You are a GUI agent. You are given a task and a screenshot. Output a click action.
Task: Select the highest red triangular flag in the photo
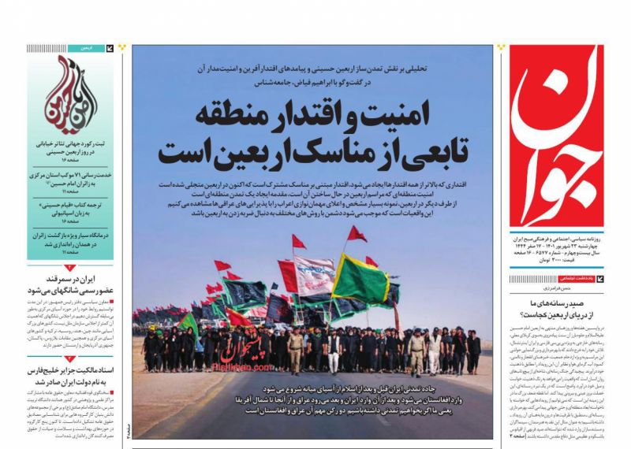[357, 234]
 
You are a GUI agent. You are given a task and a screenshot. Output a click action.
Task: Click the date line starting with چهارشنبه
[562, 244]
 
